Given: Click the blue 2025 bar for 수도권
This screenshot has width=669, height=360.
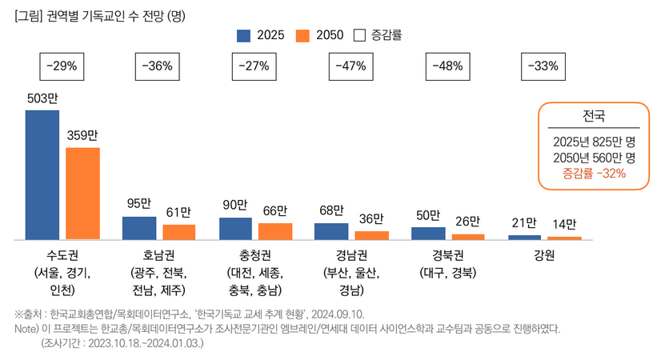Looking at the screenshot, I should (x=42, y=174).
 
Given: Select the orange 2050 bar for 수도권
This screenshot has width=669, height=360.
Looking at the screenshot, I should (x=82, y=193).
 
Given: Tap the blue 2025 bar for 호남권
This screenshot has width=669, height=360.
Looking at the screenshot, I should (x=139, y=227).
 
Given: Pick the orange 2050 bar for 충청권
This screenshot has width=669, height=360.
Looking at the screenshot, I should (x=275, y=231).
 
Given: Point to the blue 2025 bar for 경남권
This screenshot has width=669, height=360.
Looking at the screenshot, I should (x=331, y=231).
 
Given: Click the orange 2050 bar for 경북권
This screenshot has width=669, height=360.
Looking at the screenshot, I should (x=468, y=236).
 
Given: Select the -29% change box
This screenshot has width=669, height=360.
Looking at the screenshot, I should (x=62, y=66).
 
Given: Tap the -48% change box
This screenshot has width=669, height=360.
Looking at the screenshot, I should (x=447, y=66).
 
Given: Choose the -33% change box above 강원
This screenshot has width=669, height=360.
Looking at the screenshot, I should (x=543, y=66).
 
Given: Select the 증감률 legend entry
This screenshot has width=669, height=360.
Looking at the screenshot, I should (x=378, y=35).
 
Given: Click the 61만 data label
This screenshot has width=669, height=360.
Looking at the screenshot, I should (x=178, y=212).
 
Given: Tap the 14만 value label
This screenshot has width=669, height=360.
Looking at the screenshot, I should (x=565, y=224).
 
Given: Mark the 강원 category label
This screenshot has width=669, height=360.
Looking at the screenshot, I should (x=544, y=256).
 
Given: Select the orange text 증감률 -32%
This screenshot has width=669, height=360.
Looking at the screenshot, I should (x=593, y=173).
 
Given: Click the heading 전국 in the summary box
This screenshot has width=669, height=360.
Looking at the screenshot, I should (x=593, y=114).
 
